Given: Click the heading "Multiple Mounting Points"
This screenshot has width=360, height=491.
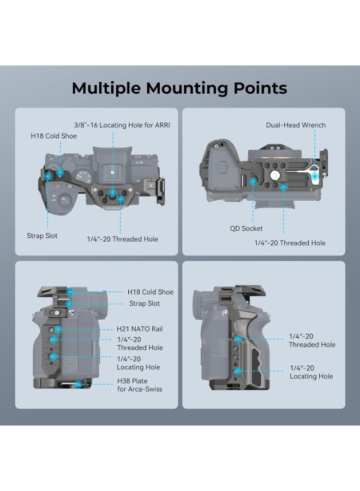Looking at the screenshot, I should (179, 88).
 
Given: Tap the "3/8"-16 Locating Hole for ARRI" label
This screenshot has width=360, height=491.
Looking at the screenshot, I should (123, 124).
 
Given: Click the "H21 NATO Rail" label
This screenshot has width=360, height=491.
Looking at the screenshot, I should (140, 329).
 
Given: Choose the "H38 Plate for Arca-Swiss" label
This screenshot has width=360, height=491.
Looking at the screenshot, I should (140, 385).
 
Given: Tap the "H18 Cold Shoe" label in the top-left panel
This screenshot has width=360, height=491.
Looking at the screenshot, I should (54, 136).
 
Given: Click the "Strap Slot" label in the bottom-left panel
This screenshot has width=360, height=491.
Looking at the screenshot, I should (145, 303).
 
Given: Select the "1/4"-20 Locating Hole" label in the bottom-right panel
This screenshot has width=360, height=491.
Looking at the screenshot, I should (311, 372).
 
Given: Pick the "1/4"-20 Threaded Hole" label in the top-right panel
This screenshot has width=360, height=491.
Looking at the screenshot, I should (290, 243).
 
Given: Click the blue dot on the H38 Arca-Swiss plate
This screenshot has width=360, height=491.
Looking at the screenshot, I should (80, 385).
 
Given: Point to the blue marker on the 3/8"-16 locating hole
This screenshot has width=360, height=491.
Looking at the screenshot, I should (112, 194).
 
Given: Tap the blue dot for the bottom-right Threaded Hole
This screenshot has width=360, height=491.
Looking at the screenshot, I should (238, 339).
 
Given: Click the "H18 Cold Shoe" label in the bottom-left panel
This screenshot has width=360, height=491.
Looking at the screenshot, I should (151, 292).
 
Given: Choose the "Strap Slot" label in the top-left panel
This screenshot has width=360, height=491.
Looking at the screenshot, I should (42, 236).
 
